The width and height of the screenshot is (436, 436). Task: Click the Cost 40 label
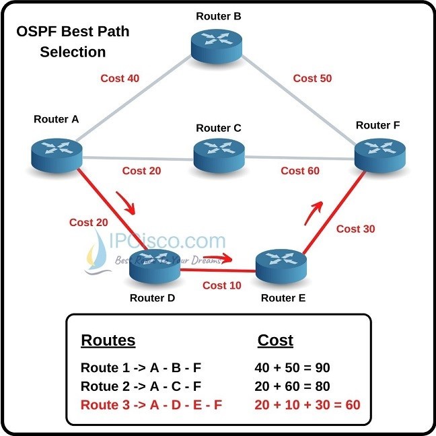pos(120,78)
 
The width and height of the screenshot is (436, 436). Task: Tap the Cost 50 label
pos(312,78)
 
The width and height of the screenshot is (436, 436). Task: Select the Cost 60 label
pos(300,171)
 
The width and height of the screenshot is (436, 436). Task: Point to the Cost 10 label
pos(221,285)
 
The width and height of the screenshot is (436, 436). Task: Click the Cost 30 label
pos(355,229)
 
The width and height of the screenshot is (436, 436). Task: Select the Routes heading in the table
pos(108,340)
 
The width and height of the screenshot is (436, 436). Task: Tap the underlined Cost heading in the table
pos(275,340)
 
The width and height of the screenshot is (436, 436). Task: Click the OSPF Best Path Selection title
pos(73,42)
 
